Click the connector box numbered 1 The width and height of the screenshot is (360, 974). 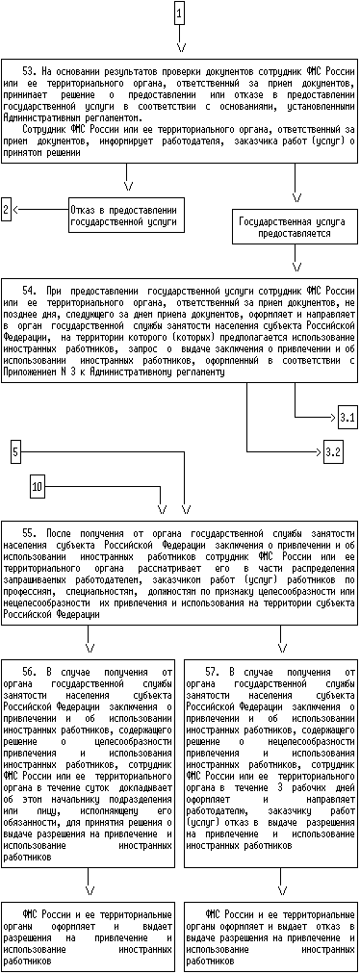pyautogui.click(x=179, y=13)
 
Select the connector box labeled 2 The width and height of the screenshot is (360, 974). pyautogui.click(x=6, y=210)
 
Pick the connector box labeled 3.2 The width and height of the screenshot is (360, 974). pyautogui.click(x=333, y=451)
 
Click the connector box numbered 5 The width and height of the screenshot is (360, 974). pyautogui.click(x=16, y=451)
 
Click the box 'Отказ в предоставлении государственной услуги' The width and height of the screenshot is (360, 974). pyautogui.click(x=127, y=216)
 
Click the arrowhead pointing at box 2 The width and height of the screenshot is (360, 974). pyautogui.click(x=15, y=210)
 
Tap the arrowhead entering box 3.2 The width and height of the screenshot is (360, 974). pyautogui.click(x=319, y=451)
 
